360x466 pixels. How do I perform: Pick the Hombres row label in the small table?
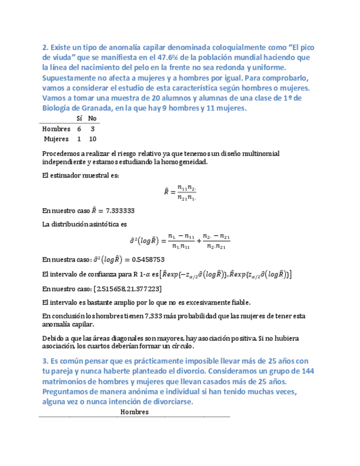(56, 129)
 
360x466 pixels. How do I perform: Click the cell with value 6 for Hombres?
(79, 129)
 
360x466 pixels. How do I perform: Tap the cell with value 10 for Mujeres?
(92, 139)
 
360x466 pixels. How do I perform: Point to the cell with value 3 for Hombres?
(92, 129)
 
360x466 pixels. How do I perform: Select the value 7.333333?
(119, 210)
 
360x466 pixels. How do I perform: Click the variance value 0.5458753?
(147, 259)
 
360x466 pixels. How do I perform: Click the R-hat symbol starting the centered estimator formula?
(167, 191)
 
